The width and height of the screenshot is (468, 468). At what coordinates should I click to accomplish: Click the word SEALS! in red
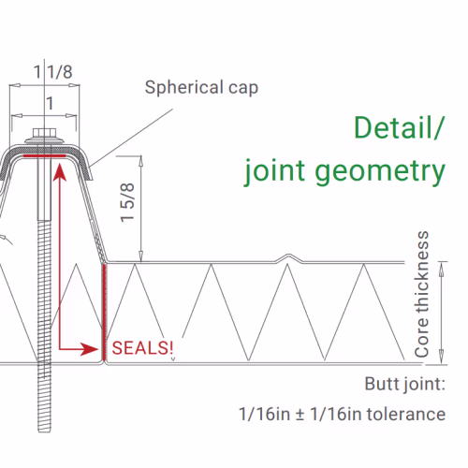coord(142,348)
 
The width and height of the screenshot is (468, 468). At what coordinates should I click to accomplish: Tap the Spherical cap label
coord(201,87)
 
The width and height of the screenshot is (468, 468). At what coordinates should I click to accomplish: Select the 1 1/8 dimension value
coord(53,72)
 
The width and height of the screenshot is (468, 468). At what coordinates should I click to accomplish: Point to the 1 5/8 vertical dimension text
coord(127,203)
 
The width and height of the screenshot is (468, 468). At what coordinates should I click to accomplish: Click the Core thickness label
coord(421,294)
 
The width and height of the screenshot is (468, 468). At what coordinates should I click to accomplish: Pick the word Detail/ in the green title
coord(398,127)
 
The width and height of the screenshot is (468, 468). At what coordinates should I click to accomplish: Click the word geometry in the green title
coord(380,171)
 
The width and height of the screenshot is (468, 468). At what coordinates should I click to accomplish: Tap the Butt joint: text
coord(405,384)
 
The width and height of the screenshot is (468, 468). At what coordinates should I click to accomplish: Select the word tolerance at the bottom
coord(406,415)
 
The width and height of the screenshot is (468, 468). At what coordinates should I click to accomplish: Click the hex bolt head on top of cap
coord(44,133)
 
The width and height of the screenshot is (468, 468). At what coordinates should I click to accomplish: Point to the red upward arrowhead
coord(60,172)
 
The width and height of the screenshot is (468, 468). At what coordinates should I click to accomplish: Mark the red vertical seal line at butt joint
coord(104,312)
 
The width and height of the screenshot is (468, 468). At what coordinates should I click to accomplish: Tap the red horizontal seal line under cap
coord(45,155)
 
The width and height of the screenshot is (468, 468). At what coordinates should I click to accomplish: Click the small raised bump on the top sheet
coord(289,257)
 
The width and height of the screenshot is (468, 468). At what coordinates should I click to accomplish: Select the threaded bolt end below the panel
coord(44,398)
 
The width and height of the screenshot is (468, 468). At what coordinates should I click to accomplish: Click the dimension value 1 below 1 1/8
coord(50,103)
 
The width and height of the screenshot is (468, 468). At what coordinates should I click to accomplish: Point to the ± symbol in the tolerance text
coord(300,415)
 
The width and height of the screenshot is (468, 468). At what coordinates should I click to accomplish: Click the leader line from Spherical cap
coord(131,139)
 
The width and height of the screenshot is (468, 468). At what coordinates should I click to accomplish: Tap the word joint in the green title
coord(274,171)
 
